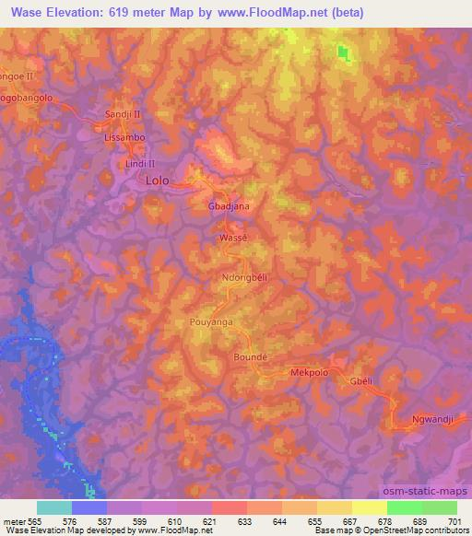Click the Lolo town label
tap(158, 181)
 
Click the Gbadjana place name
tap(230, 207)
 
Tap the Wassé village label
tap(234, 237)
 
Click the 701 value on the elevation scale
tap(454, 520)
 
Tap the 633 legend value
tap(244, 520)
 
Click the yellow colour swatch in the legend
tap(369, 507)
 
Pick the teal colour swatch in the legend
tap(54, 507)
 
